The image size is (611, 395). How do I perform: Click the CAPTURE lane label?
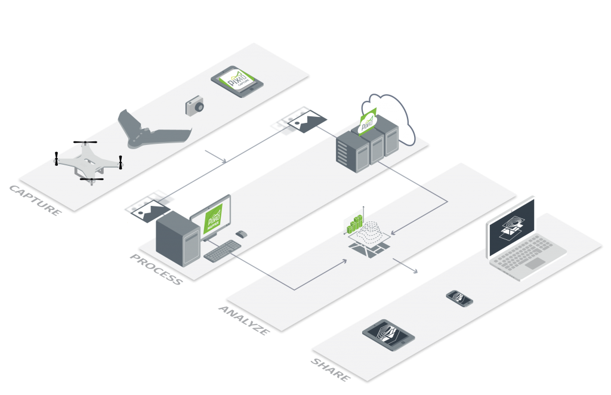click(x=35, y=200)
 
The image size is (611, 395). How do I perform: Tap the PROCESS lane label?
click(x=156, y=269)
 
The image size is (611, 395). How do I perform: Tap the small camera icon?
click(x=195, y=106)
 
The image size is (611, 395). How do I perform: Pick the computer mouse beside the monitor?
click(x=242, y=233)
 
